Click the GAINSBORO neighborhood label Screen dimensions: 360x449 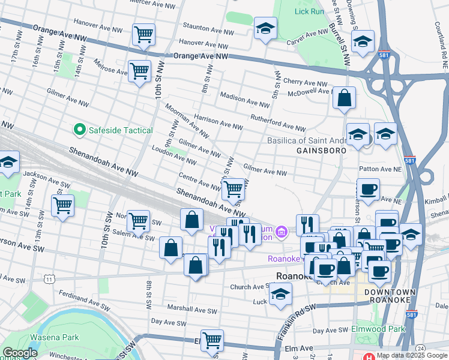click(321, 151)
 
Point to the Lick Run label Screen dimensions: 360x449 click(310, 11)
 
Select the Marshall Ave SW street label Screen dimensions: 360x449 click(192, 310)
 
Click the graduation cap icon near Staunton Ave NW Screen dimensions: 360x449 click(265, 29)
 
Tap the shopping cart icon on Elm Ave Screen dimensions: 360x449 click(212, 340)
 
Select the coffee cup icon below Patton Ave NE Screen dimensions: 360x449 click(368, 190)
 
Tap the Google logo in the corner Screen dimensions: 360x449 click(20, 353)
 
